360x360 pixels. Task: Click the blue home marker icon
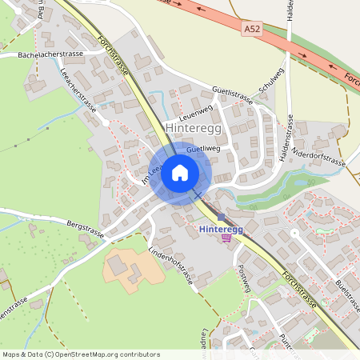click(x=180, y=173)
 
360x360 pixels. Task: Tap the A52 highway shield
click(x=251, y=28)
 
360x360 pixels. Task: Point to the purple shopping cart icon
click(x=226, y=238)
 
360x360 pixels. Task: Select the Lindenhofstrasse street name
click(x=170, y=266)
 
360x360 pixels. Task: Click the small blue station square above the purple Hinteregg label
click(x=221, y=217)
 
